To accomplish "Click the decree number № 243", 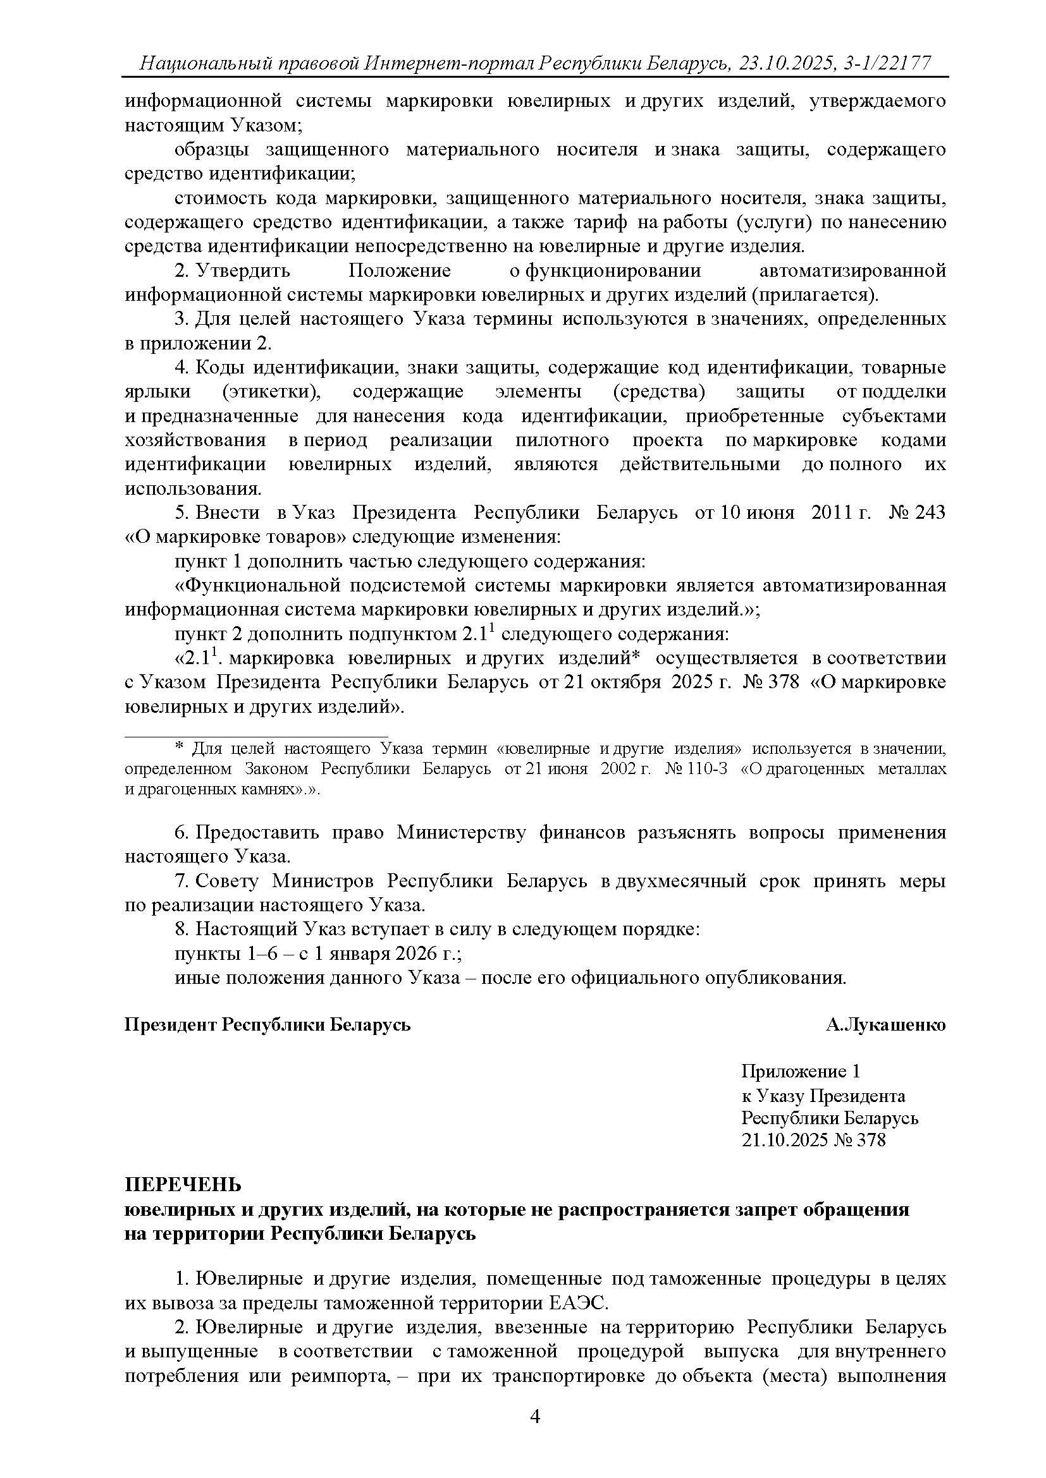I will [x=917, y=512].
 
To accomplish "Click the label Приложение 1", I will [x=801, y=1071].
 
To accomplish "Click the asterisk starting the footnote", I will [x=179, y=748].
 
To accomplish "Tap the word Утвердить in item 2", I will [x=243, y=270].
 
